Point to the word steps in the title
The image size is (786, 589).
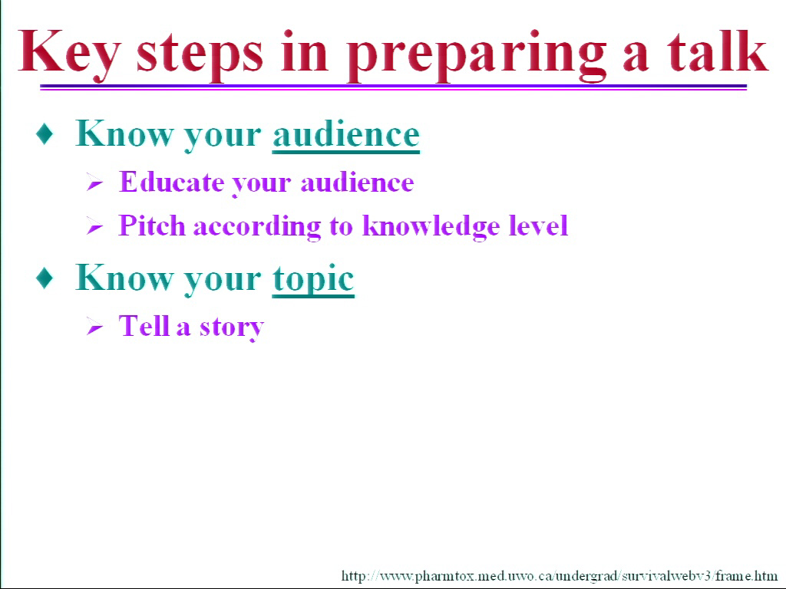(200, 55)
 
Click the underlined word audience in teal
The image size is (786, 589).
(346, 134)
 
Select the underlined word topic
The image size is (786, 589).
(313, 279)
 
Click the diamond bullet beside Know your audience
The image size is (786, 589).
(45, 134)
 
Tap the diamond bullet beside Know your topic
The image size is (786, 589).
(45, 278)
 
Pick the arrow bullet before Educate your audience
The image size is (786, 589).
(94, 182)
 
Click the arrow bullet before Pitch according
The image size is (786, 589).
(94, 226)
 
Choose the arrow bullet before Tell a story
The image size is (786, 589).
(94, 327)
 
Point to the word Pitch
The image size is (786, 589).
(152, 225)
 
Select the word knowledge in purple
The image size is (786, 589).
(431, 226)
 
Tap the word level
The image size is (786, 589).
(538, 225)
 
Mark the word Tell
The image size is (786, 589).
(144, 325)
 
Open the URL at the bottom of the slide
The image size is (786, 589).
(560, 575)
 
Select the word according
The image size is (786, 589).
(257, 227)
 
